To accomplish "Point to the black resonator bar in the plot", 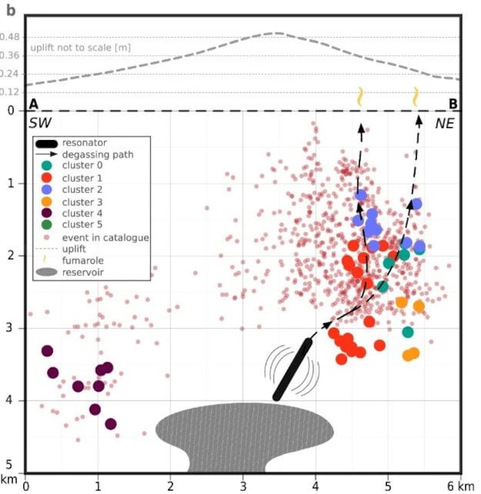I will tap(293, 369).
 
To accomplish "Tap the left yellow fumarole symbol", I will tap(360, 96).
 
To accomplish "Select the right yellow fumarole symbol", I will tap(416, 96).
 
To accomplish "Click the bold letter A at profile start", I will tap(33, 104).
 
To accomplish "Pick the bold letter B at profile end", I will tap(452, 104).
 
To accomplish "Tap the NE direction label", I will tap(446, 123).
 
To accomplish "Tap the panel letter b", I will tap(11, 10).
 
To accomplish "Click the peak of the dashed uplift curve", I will tap(277, 33).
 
